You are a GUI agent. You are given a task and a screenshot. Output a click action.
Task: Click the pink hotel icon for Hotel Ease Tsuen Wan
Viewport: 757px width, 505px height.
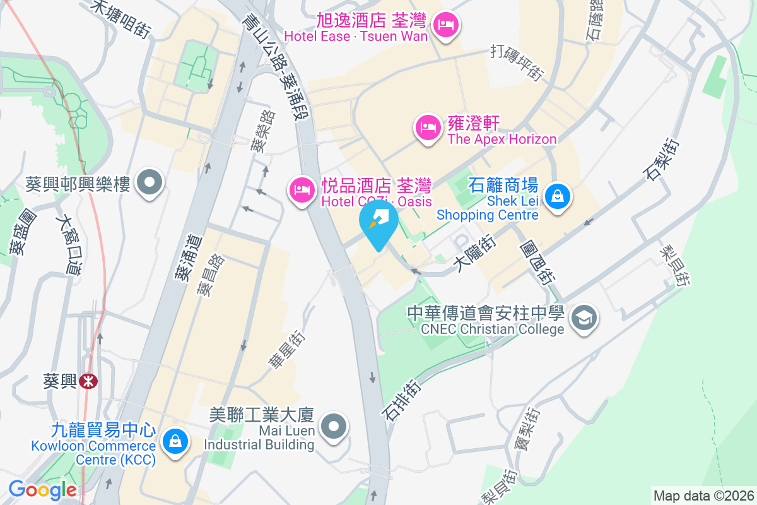447,25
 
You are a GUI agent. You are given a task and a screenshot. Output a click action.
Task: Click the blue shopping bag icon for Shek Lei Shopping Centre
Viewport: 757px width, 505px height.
558,196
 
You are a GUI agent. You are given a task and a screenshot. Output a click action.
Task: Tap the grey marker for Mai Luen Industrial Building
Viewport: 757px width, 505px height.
334,426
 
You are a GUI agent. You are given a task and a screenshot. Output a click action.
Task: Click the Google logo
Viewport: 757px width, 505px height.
42,489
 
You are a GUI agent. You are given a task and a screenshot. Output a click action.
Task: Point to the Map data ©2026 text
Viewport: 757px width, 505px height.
703,496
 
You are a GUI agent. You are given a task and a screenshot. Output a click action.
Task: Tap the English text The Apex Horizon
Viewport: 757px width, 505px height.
502,139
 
